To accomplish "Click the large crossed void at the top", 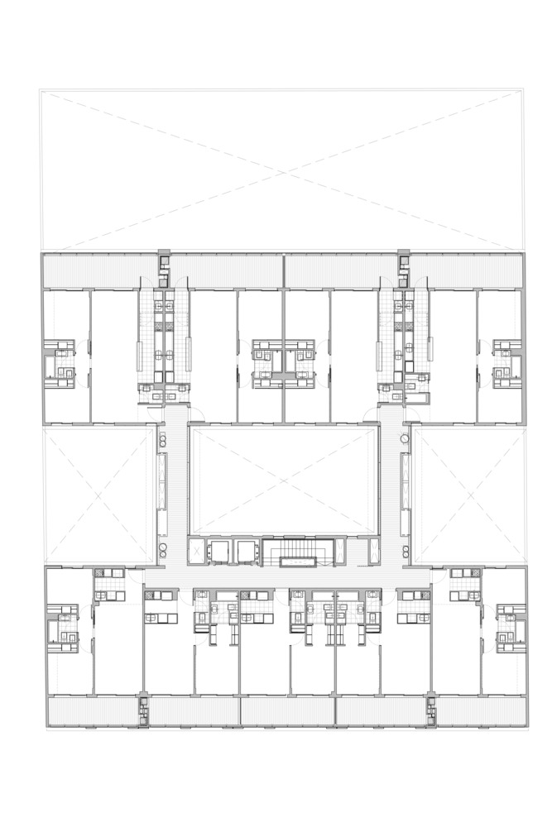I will point(281,170).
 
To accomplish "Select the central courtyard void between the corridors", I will point(284,480).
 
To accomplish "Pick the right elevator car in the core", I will point(247,551).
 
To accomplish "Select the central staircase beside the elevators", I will point(298,552).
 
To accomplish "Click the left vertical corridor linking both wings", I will point(172,488).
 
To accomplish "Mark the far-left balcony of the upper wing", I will point(99,270).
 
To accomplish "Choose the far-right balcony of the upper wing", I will point(468,270).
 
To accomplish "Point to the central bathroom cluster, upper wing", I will point(284,364).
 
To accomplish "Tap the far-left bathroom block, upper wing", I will point(60,364).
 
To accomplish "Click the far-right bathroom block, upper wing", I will point(506,364).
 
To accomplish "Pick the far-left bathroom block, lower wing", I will point(63,629).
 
